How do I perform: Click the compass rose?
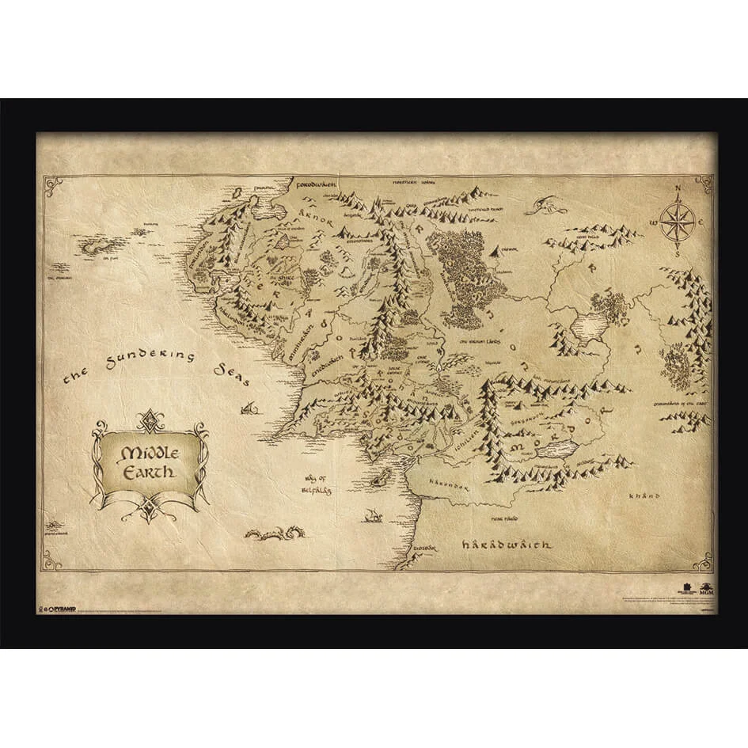pos(677,222)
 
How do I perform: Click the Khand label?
pos(644,497)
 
